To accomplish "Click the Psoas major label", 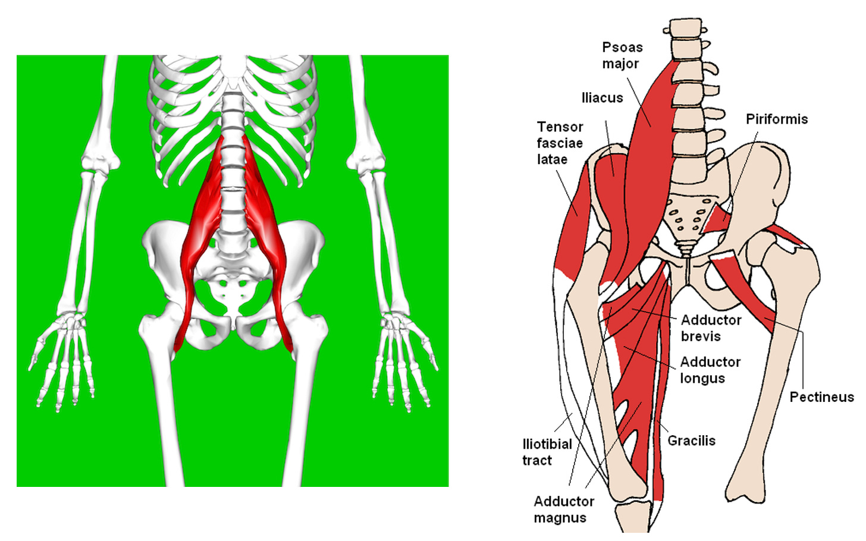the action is coord(622,55).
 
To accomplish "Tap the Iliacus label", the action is coord(602,98).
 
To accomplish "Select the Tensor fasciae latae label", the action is coord(560,143).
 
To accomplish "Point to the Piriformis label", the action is coord(776,119).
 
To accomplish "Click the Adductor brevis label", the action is coord(710,328).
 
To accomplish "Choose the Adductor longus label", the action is coord(710,370).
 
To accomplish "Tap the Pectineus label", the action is coord(821,397).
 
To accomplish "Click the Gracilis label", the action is coord(691,441).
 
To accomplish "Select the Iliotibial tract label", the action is coord(547,452).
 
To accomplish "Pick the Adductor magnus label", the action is coord(563,509).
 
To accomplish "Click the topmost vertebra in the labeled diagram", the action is coord(686,29).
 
